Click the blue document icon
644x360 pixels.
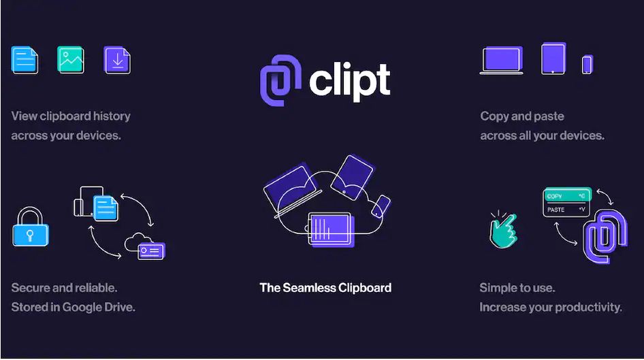tap(25, 60)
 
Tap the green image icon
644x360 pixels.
tap(71, 59)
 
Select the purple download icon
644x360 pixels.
tap(117, 60)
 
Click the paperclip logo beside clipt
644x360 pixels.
tap(280, 80)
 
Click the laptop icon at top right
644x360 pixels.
tap(501, 60)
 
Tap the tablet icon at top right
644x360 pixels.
tap(553, 59)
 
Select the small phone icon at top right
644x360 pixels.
tap(587, 64)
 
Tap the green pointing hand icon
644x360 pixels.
tap(503, 230)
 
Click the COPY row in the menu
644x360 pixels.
tap(566, 195)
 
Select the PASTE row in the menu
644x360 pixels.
tap(566, 210)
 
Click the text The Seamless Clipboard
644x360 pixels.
tap(325, 287)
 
